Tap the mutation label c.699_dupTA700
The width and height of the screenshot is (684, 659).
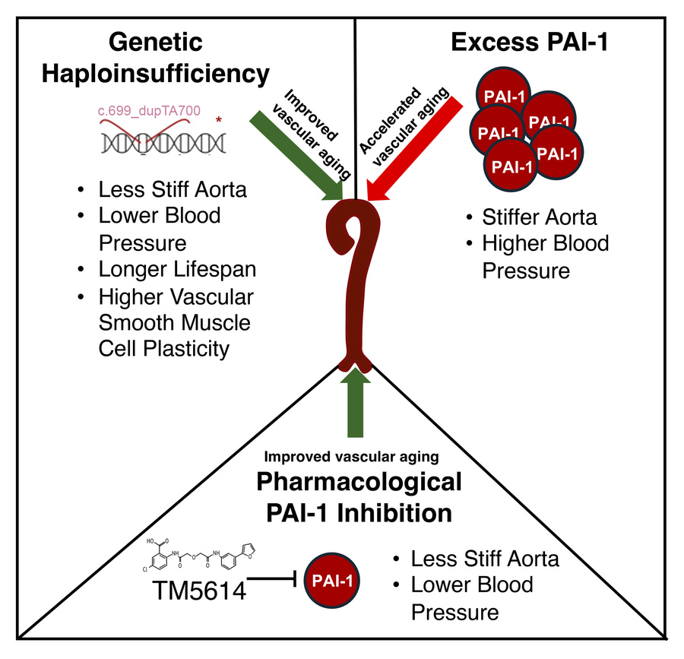(149, 111)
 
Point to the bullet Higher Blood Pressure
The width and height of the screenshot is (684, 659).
(546, 257)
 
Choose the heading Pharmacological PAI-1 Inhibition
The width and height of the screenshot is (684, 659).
(359, 496)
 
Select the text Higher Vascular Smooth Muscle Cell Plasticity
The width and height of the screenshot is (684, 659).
(176, 322)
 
